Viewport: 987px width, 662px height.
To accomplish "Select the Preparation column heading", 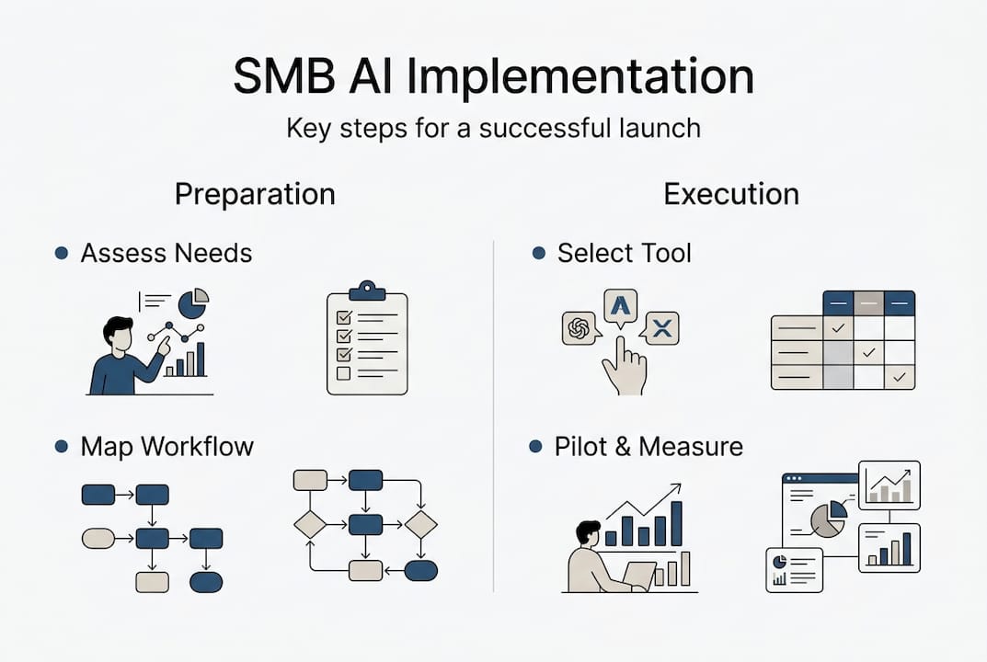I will (x=255, y=194).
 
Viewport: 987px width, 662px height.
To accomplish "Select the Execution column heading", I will (x=731, y=194).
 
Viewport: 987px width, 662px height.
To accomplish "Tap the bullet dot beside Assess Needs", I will (x=62, y=253).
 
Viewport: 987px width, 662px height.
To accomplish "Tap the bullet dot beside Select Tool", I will (x=538, y=253).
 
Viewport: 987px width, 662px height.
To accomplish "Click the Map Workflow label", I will (x=166, y=447).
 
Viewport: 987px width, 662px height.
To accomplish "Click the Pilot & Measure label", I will (x=648, y=447).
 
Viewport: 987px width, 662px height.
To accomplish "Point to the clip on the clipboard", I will (x=367, y=290).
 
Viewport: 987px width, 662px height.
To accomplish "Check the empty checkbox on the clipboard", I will (x=344, y=373).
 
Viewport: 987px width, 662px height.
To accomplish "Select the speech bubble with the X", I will (x=662, y=327).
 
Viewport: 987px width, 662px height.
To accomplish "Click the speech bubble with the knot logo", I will (x=580, y=328).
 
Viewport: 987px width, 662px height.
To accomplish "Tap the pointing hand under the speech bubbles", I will (x=624, y=368).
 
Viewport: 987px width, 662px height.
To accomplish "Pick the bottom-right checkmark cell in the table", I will (x=899, y=377).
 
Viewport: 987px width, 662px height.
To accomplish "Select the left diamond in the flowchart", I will (x=310, y=524).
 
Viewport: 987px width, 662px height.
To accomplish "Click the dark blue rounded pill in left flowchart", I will (x=206, y=582).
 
